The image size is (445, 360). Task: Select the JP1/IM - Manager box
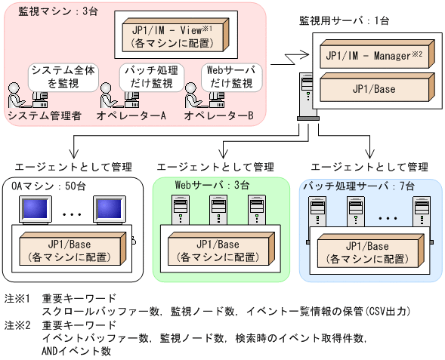(x=371, y=57)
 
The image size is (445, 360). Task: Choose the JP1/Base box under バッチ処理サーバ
(x=369, y=251)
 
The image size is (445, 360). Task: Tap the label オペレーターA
(x=131, y=115)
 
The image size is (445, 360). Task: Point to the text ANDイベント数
(x=77, y=351)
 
